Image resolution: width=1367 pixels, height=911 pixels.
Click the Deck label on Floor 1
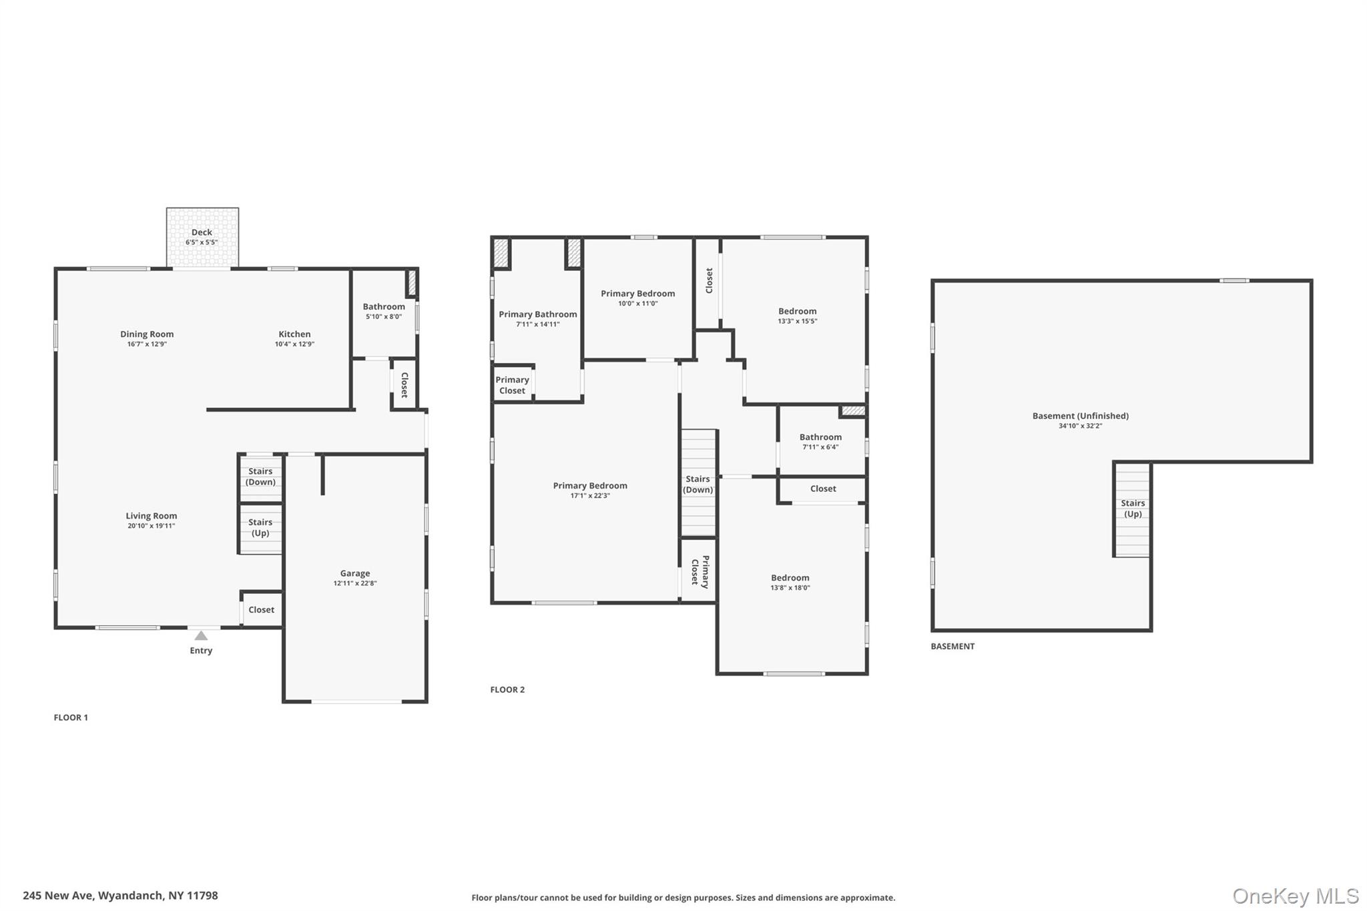pyautogui.click(x=202, y=232)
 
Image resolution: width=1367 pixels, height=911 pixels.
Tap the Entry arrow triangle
pyautogui.click(x=201, y=635)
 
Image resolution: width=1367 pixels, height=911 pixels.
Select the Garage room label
pyautogui.click(x=354, y=573)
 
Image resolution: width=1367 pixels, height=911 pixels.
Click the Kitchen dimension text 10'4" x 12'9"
pyautogui.click(x=294, y=344)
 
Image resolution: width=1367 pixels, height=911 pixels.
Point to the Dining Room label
pyautogui.click(x=147, y=334)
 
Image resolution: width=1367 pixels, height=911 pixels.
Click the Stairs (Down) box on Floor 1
pyautogui.click(x=260, y=477)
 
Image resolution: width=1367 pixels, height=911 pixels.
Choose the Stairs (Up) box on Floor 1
pyautogui.click(x=260, y=528)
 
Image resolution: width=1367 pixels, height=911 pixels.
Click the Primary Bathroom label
pyautogui.click(x=537, y=314)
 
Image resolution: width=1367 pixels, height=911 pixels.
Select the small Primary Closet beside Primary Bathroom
pyautogui.click(x=512, y=385)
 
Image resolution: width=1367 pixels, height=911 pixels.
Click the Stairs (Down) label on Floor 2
pyautogui.click(x=698, y=484)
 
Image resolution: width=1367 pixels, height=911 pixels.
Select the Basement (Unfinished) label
pyautogui.click(x=1080, y=416)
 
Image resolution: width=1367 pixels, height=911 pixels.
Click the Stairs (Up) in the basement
pyautogui.click(x=1133, y=509)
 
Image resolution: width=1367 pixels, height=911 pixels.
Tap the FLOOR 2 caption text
pyautogui.click(x=507, y=689)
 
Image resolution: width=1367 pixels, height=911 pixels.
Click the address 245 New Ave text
pyautogui.click(x=120, y=896)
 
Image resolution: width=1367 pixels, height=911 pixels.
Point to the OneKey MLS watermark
pyautogui.click(x=1295, y=896)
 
